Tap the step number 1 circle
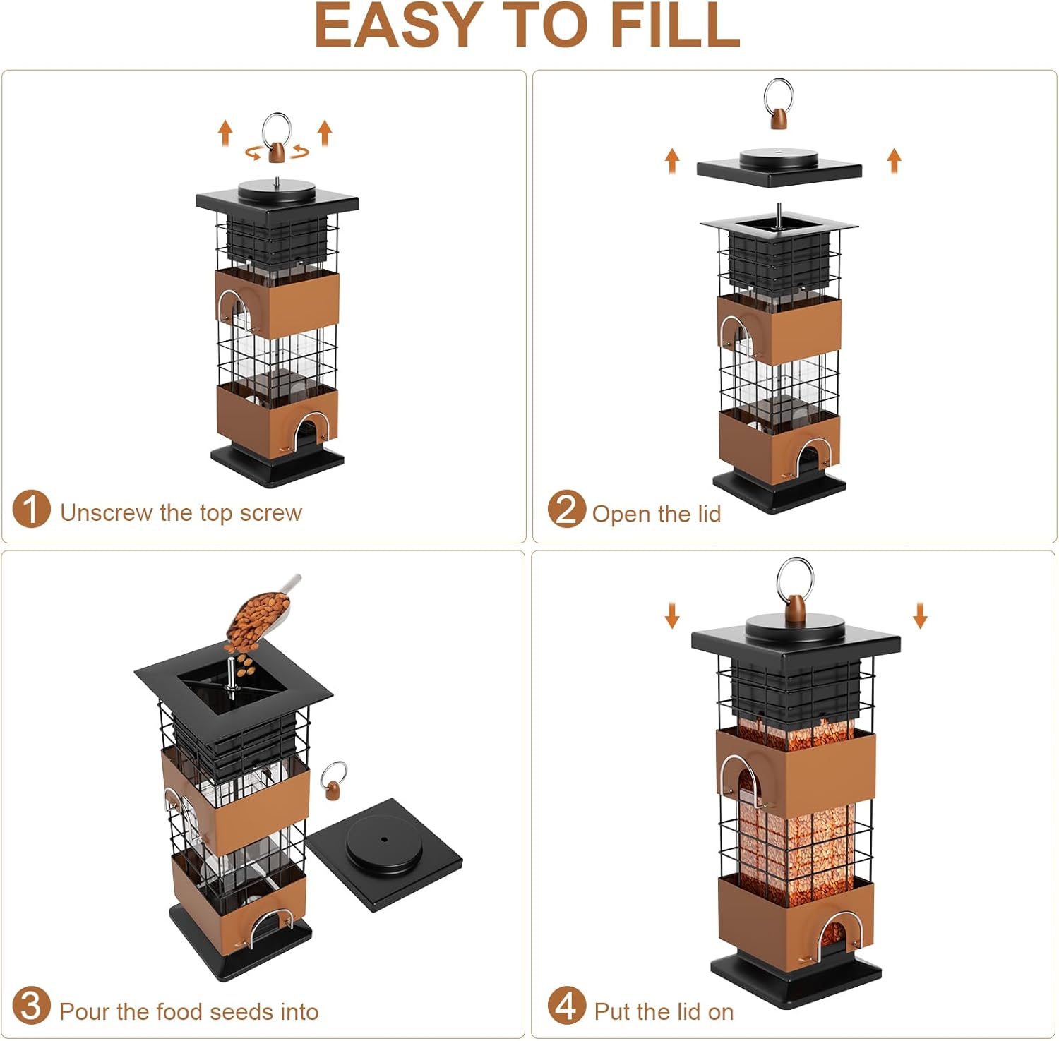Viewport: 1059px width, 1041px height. (x=31, y=509)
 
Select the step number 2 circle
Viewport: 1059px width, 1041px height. (x=566, y=509)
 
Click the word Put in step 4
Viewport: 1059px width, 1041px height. (x=612, y=1012)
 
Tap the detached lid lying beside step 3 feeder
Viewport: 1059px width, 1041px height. (x=384, y=855)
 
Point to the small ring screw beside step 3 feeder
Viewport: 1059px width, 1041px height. (x=333, y=779)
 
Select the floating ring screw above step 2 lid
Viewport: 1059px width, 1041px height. (x=778, y=103)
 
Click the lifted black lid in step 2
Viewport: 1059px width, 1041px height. (x=779, y=167)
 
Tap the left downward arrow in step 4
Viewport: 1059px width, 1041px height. (x=671, y=615)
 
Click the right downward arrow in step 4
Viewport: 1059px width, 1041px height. (x=919, y=615)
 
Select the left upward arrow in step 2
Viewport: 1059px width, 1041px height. (x=672, y=161)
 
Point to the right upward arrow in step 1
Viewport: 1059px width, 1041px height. (x=325, y=133)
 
